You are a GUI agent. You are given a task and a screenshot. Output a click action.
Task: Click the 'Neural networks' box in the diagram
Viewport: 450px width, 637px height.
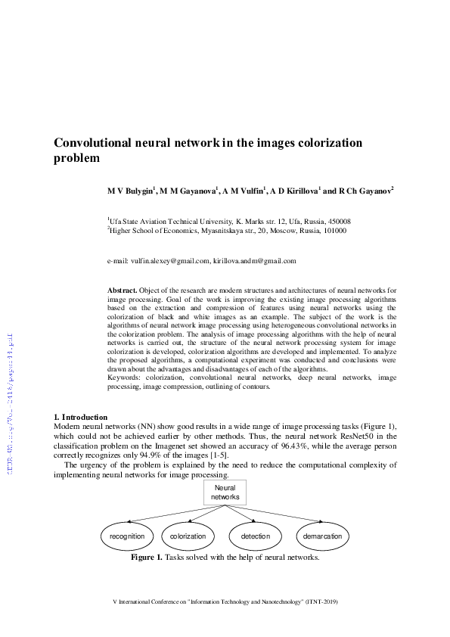click(x=224, y=493)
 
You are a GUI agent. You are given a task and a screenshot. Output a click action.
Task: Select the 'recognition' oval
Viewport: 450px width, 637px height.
click(x=126, y=536)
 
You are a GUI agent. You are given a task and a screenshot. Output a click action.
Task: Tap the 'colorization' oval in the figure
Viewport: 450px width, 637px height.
click(x=188, y=536)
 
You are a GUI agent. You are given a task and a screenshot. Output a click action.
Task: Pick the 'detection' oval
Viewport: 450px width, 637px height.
click(x=255, y=536)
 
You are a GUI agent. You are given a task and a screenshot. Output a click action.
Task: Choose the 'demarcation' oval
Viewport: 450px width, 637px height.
click(x=324, y=536)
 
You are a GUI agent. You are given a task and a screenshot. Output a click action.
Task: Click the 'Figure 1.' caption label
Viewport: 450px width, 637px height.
click(x=147, y=558)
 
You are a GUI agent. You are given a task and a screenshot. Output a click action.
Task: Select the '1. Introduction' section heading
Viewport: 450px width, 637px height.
click(x=81, y=417)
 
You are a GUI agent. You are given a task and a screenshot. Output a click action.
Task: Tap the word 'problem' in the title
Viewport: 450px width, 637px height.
click(x=76, y=159)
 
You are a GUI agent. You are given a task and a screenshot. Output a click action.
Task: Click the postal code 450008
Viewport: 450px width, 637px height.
click(x=335, y=221)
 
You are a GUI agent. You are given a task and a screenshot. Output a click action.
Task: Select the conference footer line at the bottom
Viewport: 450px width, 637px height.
click(x=225, y=601)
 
